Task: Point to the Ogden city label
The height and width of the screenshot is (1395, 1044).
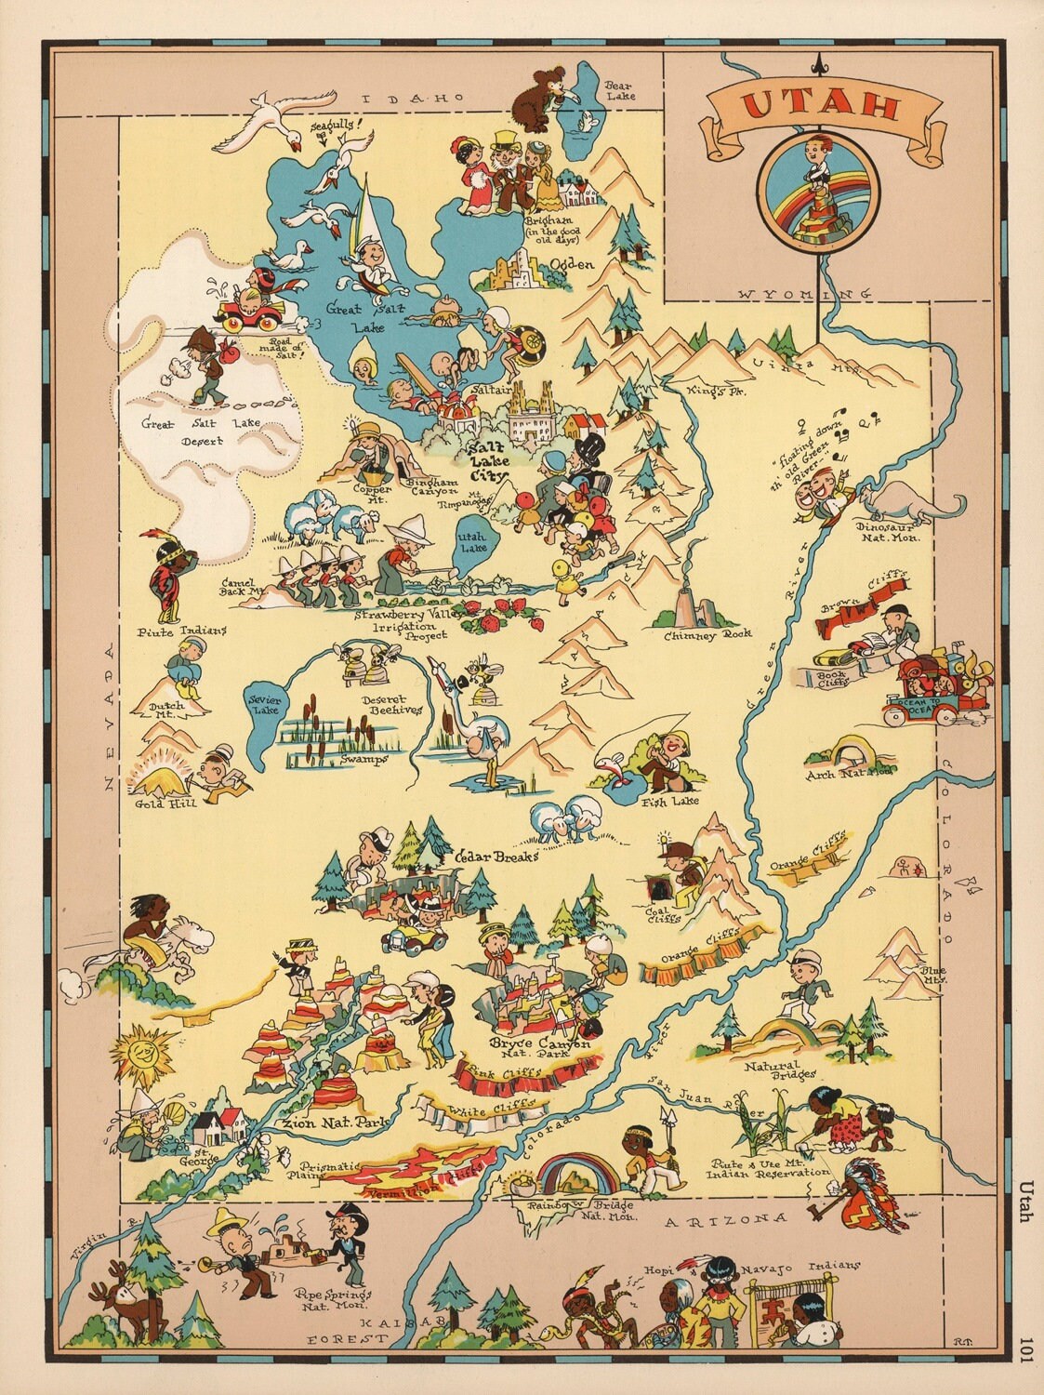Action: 571,265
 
